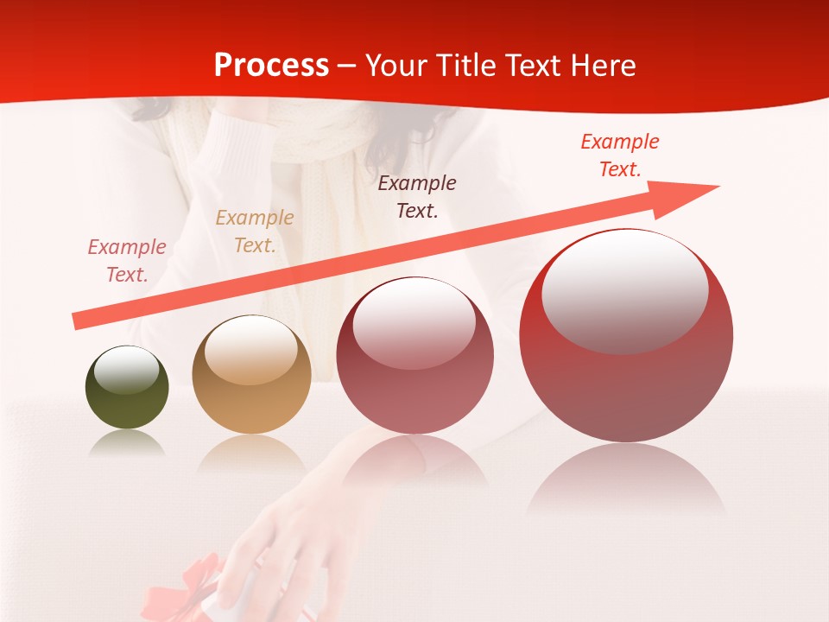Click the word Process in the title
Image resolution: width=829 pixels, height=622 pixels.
271,66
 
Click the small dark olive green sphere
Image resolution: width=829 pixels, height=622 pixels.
127,387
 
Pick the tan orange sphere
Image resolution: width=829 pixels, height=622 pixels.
251,375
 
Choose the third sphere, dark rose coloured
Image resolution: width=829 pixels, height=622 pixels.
414,355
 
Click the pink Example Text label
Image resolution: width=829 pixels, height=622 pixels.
127,261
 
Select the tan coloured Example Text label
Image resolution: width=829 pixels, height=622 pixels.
255,232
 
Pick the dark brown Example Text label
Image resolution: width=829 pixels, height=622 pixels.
417,196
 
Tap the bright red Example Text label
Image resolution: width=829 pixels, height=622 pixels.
620,155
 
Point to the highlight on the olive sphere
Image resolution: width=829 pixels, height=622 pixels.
127,370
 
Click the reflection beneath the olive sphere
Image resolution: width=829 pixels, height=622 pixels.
127,444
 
